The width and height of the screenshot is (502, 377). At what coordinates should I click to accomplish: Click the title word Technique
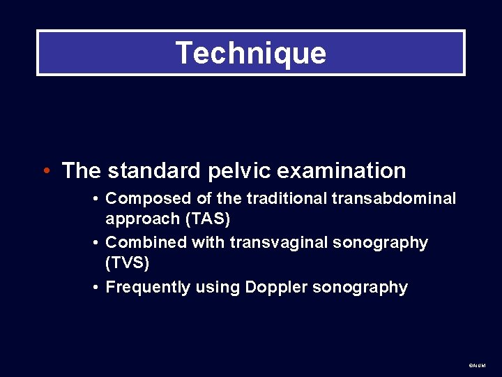(x=250, y=53)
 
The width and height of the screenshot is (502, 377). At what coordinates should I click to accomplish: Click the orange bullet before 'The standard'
(x=46, y=170)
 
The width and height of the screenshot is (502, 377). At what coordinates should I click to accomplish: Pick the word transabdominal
(x=394, y=199)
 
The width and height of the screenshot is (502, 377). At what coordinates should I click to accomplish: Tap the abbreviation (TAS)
(x=207, y=219)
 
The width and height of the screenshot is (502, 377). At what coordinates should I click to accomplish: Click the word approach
(x=142, y=219)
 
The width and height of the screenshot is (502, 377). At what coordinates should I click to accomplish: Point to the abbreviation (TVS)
(x=128, y=263)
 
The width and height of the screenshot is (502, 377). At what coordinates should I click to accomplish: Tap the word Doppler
(x=274, y=287)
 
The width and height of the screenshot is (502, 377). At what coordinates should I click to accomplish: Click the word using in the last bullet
(x=218, y=288)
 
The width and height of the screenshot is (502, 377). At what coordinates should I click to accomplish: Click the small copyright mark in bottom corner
(x=477, y=365)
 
